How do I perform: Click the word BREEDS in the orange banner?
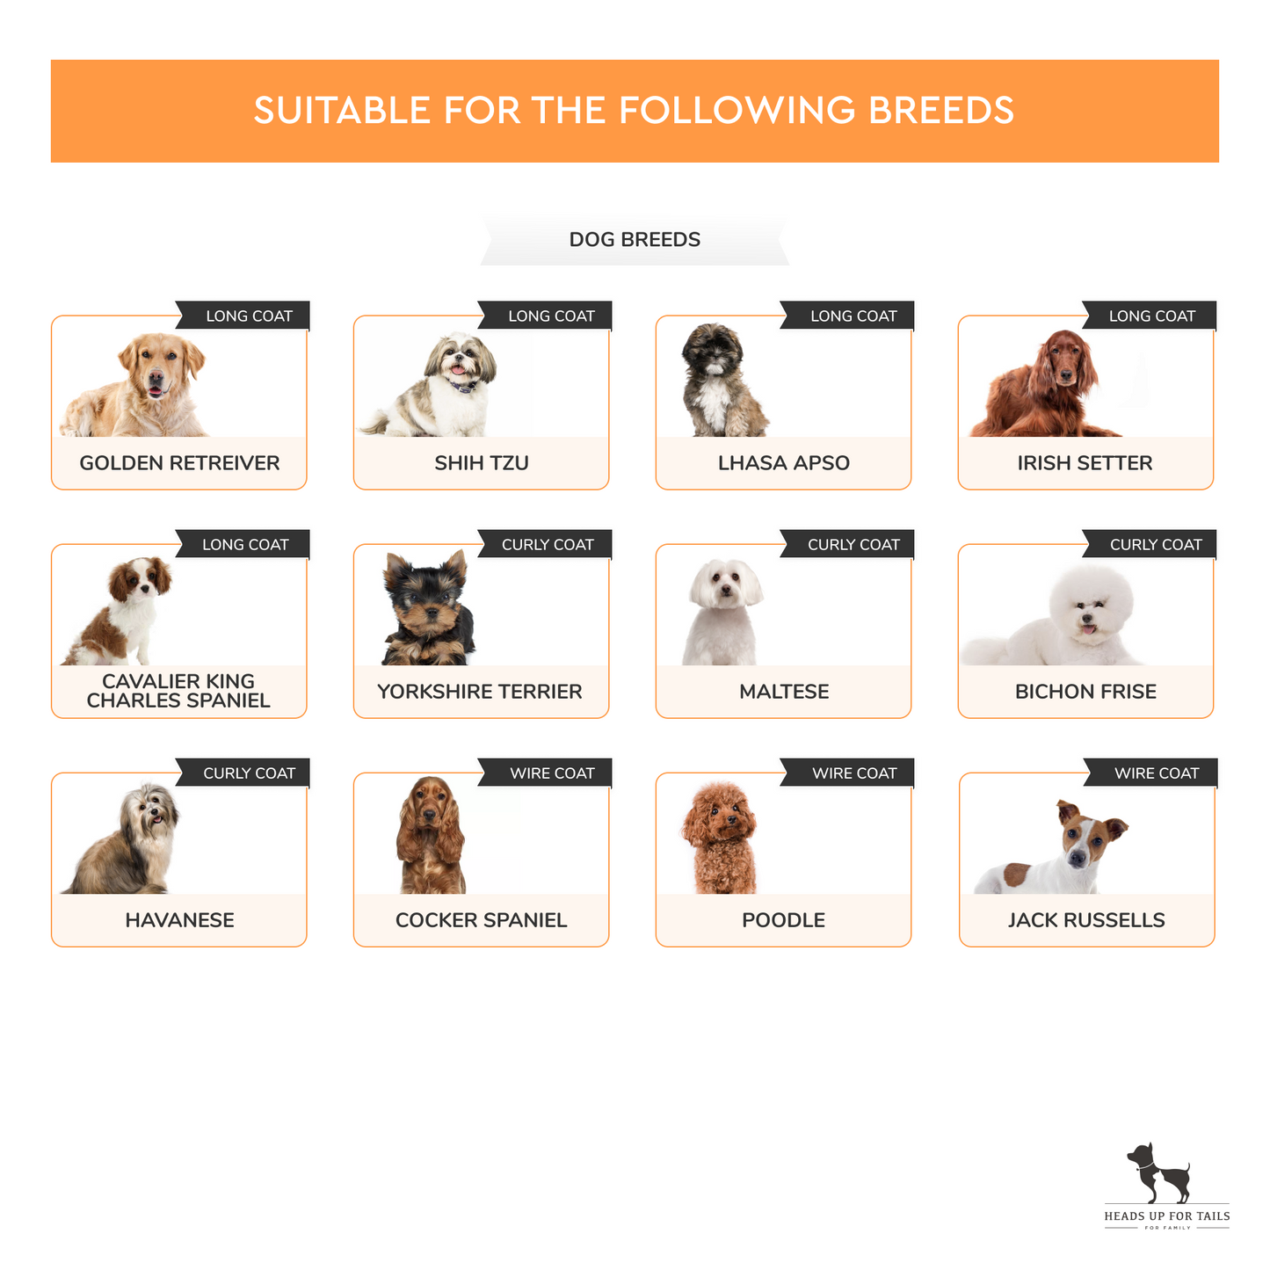click(940, 110)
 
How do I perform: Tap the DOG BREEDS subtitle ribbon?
click(634, 239)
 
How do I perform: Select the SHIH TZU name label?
click(481, 462)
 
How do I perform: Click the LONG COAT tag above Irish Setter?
click(1150, 316)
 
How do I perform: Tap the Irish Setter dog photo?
click(1044, 383)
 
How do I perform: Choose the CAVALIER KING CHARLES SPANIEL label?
click(178, 690)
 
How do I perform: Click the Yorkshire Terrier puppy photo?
click(428, 607)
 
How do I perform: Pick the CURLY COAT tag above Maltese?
click(847, 544)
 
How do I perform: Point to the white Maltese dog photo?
click(723, 613)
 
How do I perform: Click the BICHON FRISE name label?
click(1085, 692)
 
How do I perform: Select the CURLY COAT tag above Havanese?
click(243, 773)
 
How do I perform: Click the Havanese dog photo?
click(122, 838)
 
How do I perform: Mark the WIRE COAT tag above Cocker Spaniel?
click(545, 773)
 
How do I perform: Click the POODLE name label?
click(783, 920)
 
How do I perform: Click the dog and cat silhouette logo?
click(1158, 1172)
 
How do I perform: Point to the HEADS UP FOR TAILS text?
click(1166, 1216)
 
